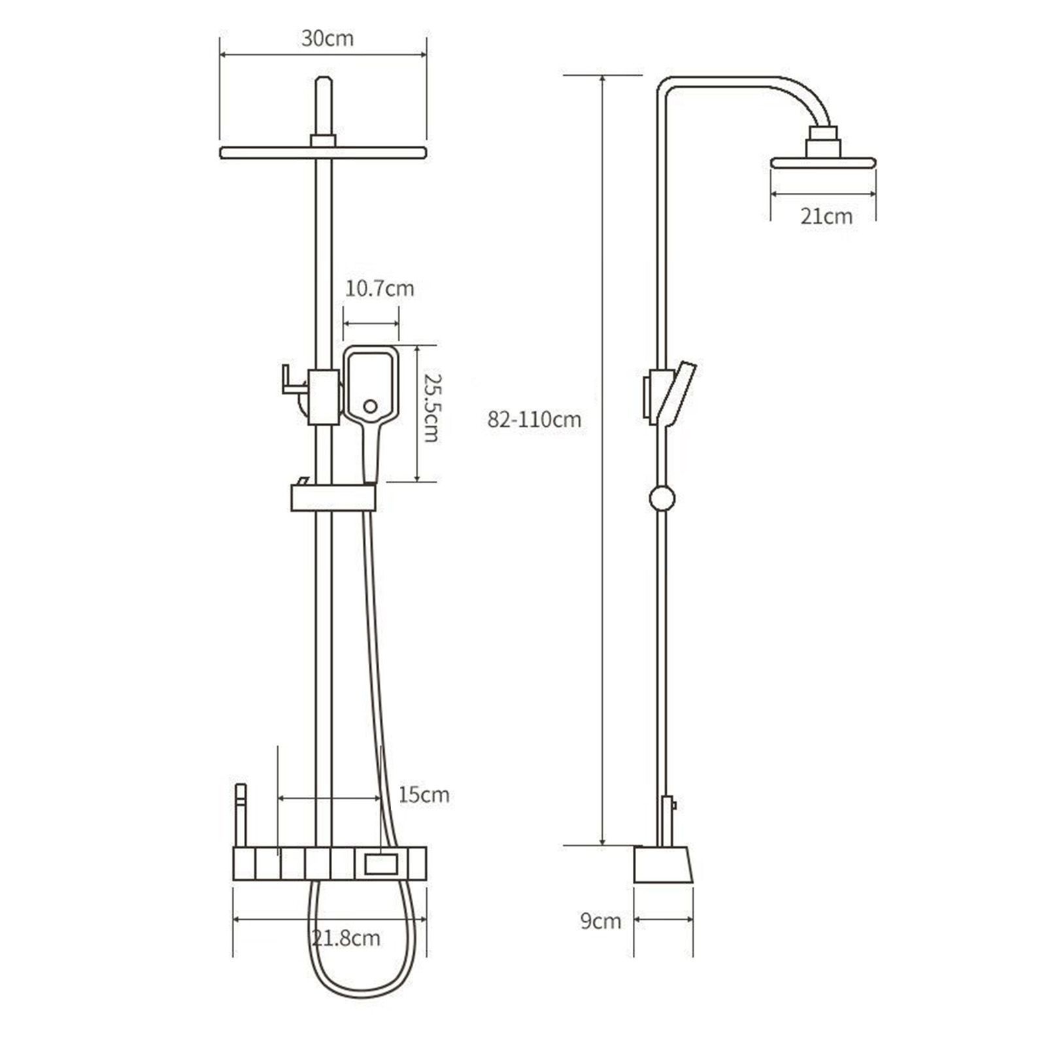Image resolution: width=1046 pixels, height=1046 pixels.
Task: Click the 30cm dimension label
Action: point(327,39)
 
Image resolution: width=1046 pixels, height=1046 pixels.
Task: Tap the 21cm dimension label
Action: point(826,216)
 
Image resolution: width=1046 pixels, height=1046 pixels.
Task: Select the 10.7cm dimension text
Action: point(379,288)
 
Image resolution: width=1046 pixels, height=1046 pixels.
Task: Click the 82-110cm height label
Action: point(534,419)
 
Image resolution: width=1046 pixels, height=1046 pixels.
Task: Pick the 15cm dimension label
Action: point(424,795)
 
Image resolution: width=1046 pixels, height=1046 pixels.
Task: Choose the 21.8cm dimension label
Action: point(345,938)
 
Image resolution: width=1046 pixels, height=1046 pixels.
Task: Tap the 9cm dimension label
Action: point(601,921)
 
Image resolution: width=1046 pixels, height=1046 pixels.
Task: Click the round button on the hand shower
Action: point(370,406)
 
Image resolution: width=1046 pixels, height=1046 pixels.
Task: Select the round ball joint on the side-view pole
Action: point(662,498)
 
